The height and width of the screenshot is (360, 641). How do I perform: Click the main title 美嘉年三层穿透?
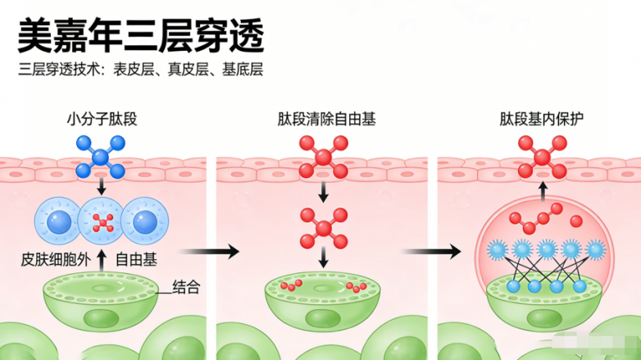pos(142,34)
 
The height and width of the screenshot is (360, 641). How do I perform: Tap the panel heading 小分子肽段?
pos(102,120)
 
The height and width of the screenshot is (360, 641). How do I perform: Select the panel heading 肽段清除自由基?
pos(326,120)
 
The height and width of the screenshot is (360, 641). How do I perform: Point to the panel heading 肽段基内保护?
pos(542,120)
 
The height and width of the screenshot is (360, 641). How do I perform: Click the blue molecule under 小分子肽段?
pos(101,157)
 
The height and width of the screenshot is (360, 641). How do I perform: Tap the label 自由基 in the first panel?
pos(136,259)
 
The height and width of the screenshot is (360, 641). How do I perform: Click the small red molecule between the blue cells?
pos(102,221)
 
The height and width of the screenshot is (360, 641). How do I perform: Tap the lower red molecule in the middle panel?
pos(323,227)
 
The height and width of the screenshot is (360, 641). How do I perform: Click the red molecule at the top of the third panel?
pos(543,156)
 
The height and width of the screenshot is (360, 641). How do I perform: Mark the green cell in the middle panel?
pos(323,295)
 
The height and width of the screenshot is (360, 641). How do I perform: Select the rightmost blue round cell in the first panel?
pos(145,221)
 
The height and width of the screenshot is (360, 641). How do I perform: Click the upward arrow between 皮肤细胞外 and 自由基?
pos(102,260)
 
